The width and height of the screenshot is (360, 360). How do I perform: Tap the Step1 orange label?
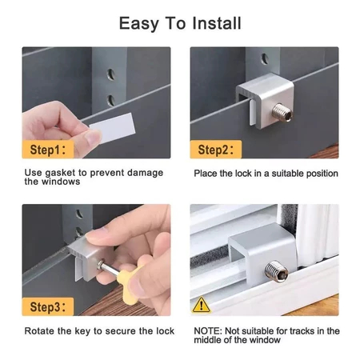[x=48, y=150]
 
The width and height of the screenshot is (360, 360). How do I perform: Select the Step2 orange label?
[x=216, y=150]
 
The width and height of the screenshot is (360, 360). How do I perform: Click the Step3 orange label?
[x=48, y=306]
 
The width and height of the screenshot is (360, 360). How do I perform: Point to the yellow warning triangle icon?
[x=201, y=305]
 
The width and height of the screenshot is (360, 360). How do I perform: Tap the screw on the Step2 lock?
[x=282, y=113]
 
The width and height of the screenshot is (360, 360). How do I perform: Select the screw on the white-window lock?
[x=277, y=271]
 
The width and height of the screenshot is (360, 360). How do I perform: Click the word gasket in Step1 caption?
[x=60, y=173]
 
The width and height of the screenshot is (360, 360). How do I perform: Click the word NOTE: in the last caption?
[x=208, y=331]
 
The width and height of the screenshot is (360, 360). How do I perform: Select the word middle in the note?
[x=207, y=340]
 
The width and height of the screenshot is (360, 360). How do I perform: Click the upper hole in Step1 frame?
[x=111, y=74]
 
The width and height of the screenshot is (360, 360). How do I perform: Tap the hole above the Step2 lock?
[x=265, y=59]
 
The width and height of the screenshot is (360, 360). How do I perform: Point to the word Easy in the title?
[x=138, y=24]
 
